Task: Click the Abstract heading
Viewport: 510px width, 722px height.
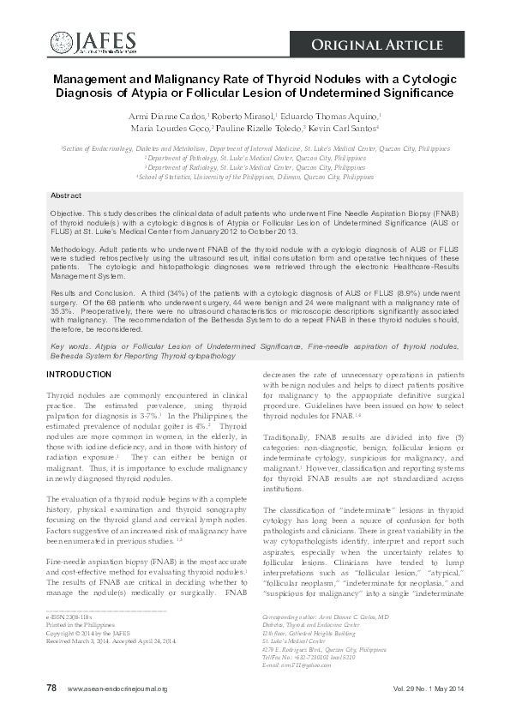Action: click(66, 196)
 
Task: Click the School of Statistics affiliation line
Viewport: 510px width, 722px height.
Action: click(255, 177)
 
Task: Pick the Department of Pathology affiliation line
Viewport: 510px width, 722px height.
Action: click(255, 158)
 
